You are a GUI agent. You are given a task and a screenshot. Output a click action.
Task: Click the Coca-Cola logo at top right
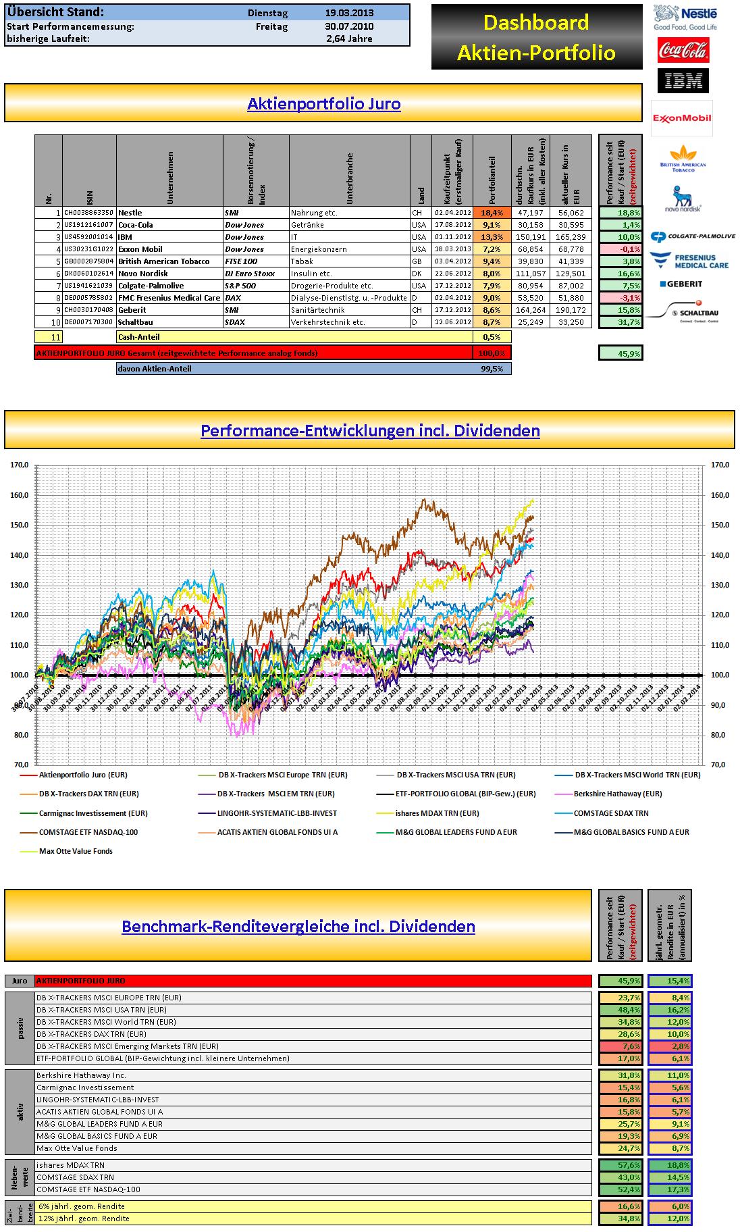(683, 50)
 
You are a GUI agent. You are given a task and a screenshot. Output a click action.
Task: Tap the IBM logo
(683, 81)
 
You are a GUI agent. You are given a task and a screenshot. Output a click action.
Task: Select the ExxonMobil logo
(681, 118)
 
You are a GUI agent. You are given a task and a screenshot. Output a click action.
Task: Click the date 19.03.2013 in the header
(348, 12)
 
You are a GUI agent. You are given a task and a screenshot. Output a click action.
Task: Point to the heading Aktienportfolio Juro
(323, 104)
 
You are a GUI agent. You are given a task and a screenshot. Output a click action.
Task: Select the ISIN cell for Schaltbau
(88, 322)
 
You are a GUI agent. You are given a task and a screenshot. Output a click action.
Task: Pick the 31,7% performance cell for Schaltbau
(620, 322)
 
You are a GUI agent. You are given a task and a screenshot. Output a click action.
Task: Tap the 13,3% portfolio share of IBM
(492, 237)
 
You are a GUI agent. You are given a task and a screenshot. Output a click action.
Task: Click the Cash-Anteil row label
(139, 337)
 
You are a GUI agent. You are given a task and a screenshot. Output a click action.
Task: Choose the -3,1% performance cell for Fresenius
(620, 298)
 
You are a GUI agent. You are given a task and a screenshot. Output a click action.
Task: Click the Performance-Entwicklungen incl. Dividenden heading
(370, 431)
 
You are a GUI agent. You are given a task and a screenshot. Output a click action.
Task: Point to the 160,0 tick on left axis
(18, 495)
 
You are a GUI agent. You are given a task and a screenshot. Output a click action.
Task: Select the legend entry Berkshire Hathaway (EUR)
(617, 794)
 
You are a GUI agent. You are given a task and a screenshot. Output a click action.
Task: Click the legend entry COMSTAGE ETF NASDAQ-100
(88, 832)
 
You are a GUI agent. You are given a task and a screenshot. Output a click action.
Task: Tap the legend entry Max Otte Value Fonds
(76, 851)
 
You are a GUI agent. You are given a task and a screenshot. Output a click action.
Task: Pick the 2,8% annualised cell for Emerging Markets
(670, 1046)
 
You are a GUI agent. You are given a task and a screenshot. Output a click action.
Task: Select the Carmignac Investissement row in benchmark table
(85, 1087)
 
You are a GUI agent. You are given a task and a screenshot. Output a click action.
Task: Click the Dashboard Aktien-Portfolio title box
(537, 37)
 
